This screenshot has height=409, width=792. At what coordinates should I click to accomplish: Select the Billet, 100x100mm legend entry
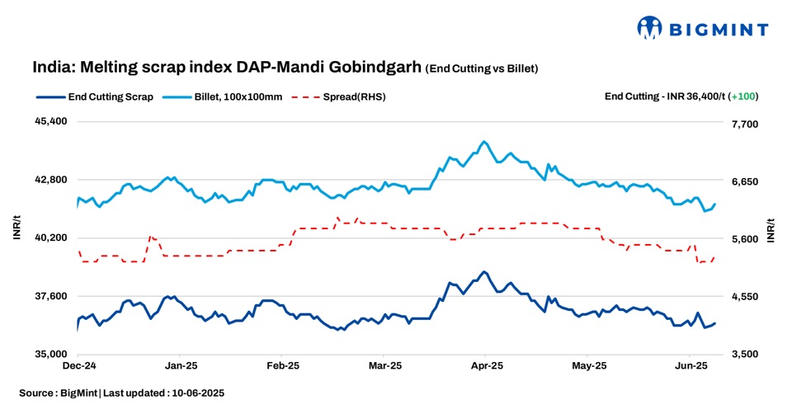tap(238, 96)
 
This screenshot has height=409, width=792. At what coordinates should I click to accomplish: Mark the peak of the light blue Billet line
tap(484, 142)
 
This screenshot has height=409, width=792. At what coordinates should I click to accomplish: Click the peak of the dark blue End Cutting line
tap(484, 271)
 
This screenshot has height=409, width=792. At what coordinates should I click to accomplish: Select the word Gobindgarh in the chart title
tap(381, 67)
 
